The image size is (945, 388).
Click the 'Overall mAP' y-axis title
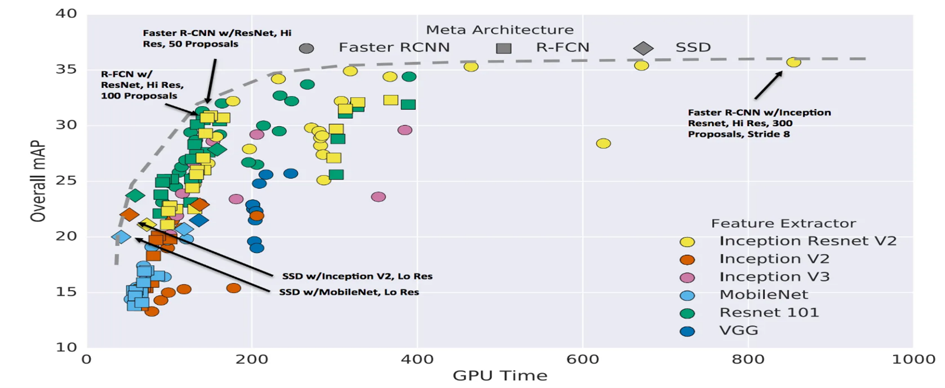click(38, 181)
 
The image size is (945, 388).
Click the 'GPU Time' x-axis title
click(500, 376)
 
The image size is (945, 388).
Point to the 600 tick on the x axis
click(582, 359)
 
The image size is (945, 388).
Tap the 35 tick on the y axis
click(66, 69)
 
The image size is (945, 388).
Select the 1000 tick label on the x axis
click(913, 359)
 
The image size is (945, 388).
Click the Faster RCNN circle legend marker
click(306, 48)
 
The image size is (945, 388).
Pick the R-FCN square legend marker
click(503, 48)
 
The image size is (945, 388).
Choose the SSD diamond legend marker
click(643, 48)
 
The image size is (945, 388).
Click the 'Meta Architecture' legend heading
click(500, 29)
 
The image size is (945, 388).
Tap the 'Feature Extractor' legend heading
click(783, 223)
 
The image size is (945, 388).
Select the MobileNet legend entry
click(764, 295)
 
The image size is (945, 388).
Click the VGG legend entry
click(739, 331)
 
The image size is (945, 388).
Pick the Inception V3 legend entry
click(774, 277)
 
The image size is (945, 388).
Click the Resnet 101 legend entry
click(769, 313)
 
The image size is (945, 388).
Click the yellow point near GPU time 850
click(794, 62)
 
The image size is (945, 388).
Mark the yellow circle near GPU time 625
click(603, 143)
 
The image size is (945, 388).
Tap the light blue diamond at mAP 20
click(121, 237)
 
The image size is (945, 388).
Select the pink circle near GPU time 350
click(378, 197)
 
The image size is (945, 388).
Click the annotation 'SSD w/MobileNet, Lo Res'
click(349, 292)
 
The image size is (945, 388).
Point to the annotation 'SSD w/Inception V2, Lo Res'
click(357, 277)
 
